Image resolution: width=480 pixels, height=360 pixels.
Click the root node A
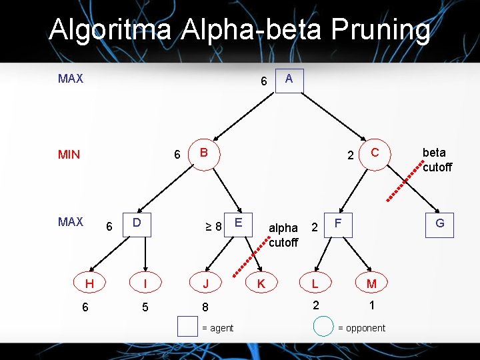click(289, 80)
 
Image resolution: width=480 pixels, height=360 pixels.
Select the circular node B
click(204, 153)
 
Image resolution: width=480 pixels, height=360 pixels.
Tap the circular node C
click(374, 153)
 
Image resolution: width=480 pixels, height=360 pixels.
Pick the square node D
click(136, 222)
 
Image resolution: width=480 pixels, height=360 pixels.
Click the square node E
click(238, 222)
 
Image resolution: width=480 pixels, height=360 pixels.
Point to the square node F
click(338, 222)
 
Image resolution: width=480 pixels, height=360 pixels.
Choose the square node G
click(439, 223)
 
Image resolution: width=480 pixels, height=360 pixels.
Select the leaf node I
click(145, 283)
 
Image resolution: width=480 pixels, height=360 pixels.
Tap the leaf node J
click(205, 283)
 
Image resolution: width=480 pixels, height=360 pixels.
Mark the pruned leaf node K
click(261, 283)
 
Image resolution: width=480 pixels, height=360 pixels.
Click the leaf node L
click(315, 283)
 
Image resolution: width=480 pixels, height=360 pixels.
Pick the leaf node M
click(371, 283)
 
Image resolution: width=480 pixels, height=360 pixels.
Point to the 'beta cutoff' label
click(437, 160)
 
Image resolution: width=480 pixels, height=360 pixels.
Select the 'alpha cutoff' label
click(283, 235)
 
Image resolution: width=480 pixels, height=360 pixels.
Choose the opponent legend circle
click(323, 327)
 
